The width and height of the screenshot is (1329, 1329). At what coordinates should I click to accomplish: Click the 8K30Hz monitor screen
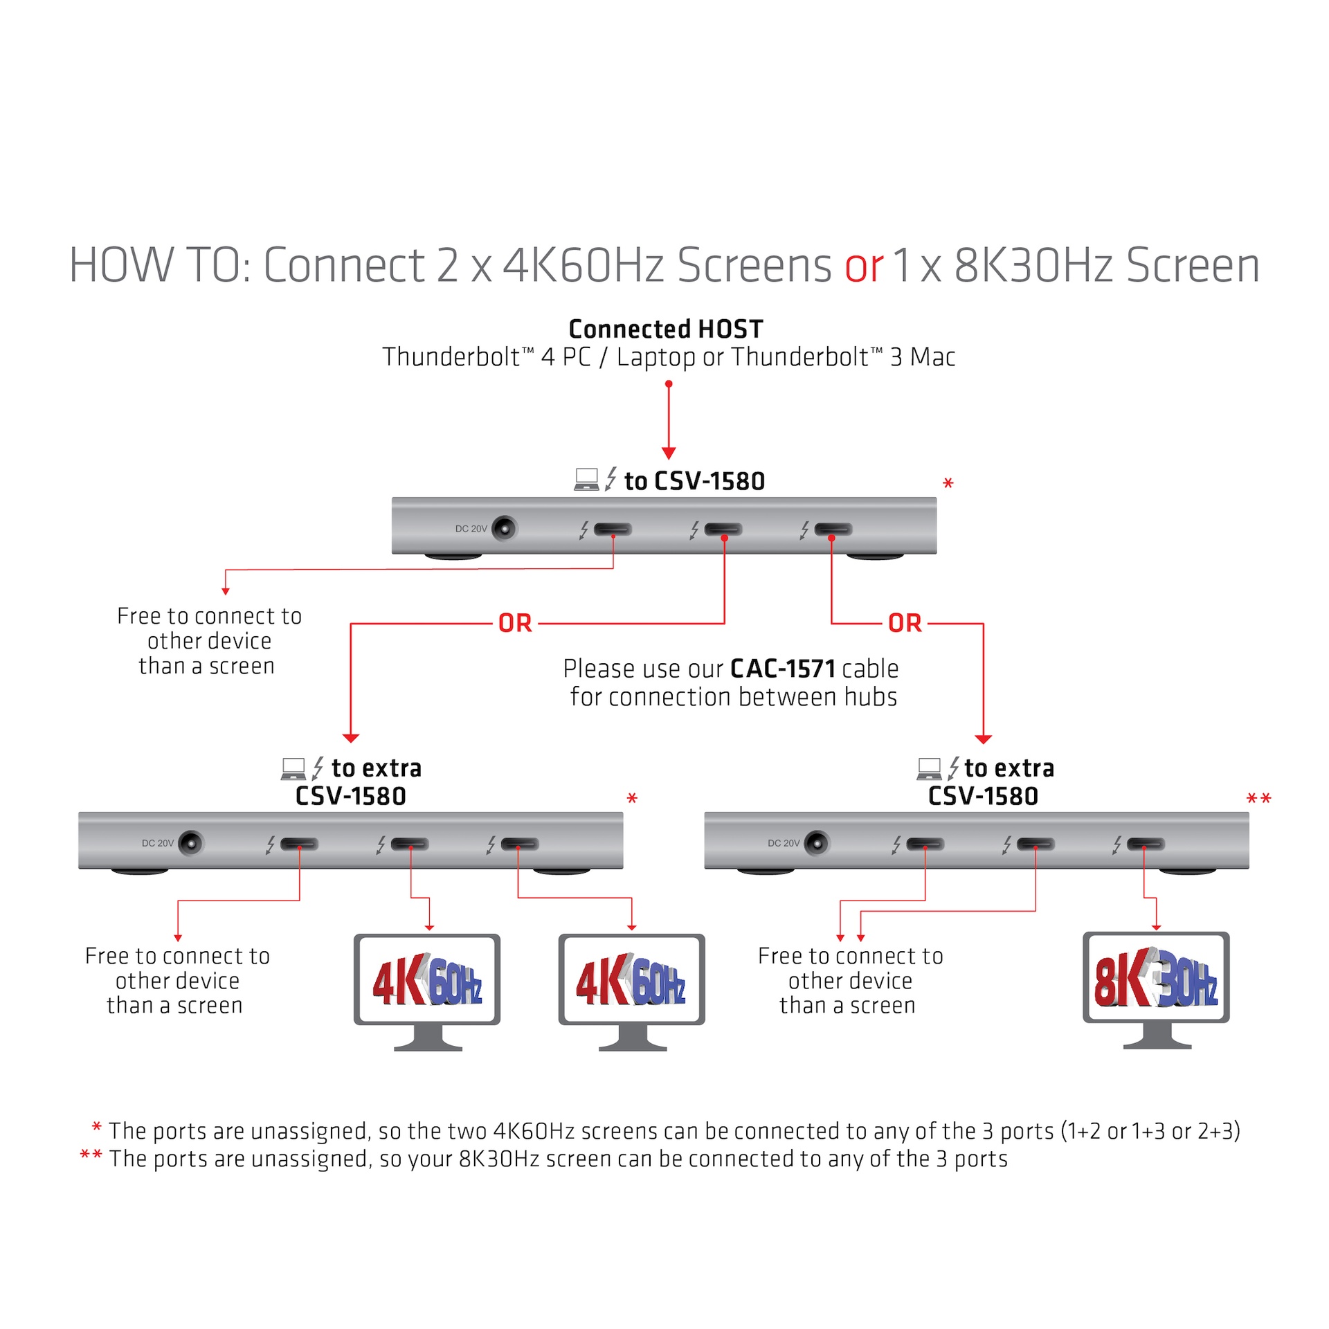(1155, 977)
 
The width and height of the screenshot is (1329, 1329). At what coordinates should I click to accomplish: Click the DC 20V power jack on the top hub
(505, 529)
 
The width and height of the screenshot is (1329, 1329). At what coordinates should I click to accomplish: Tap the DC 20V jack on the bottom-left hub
(191, 843)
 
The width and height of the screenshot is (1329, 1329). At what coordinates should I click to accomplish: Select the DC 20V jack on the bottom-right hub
(817, 843)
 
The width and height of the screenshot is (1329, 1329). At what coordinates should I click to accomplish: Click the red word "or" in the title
(864, 266)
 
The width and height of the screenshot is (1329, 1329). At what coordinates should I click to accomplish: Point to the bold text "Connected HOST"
(665, 329)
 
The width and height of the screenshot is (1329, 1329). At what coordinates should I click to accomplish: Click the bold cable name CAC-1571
(783, 669)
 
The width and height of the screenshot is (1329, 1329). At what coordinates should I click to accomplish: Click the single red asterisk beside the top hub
(948, 484)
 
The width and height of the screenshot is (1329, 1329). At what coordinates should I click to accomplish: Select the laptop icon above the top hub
(586, 479)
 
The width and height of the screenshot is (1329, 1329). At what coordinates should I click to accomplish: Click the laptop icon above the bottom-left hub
(293, 768)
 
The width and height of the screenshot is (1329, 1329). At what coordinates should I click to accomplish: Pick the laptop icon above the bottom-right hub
(929, 768)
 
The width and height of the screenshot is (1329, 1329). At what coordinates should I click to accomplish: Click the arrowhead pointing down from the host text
(669, 453)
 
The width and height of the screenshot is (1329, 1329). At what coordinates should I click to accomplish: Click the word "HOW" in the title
(121, 266)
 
